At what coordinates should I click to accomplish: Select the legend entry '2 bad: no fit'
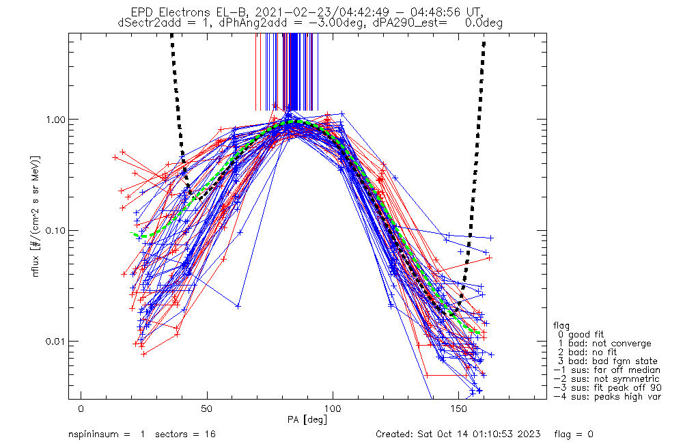(589, 352)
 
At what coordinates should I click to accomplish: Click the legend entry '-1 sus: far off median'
(607, 370)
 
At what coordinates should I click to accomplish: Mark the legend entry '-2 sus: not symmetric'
(607, 379)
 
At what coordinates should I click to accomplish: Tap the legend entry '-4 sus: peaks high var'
(607, 397)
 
